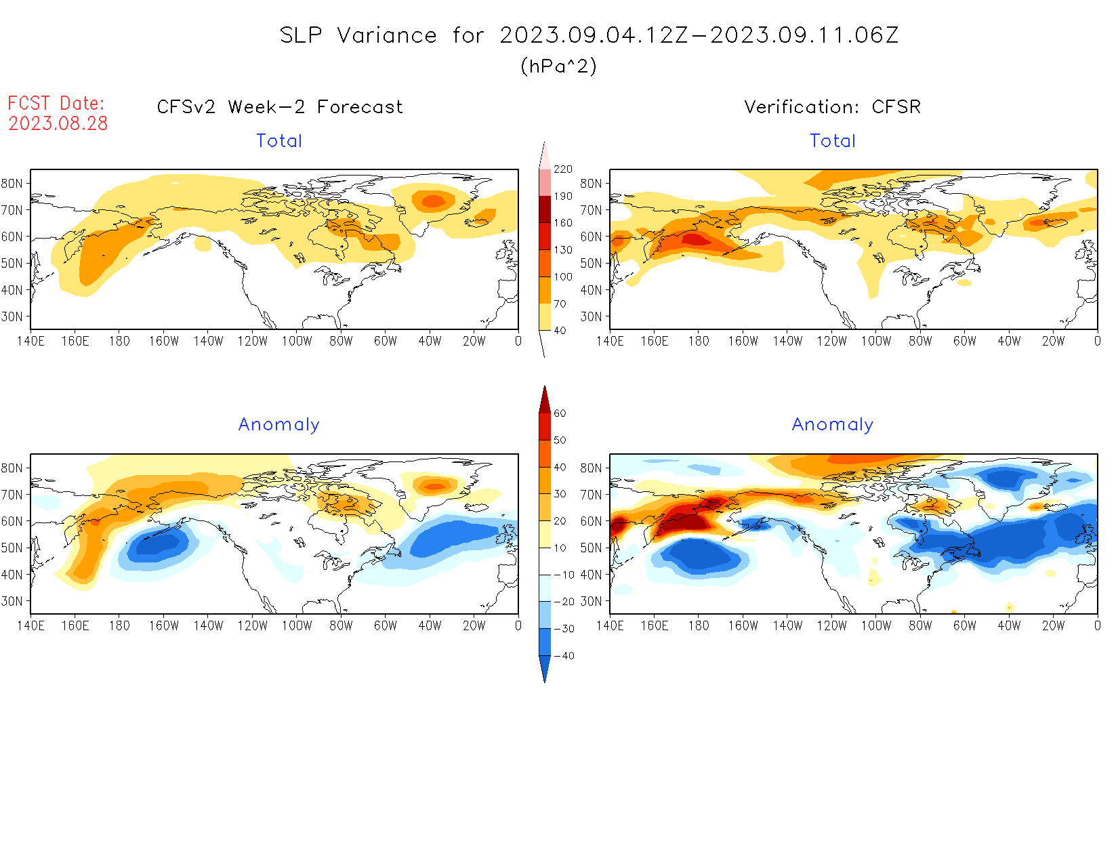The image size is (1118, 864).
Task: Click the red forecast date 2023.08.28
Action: (58, 123)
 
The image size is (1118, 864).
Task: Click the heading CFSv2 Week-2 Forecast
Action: (280, 107)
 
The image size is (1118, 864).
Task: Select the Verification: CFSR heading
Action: (833, 107)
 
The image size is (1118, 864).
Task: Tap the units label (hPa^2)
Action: (558, 66)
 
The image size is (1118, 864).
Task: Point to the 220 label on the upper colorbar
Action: (563, 169)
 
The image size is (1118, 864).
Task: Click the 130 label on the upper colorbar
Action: (563, 250)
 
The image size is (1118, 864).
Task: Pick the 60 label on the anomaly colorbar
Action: (560, 413)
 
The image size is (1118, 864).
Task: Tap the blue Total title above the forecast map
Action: (279, 141)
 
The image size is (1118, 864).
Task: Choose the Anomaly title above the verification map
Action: (833, 425)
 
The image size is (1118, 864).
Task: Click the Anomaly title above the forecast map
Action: (279, 425)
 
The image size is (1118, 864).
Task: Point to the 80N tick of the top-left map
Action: (12, 184)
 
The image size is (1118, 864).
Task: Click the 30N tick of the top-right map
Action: (591, 316)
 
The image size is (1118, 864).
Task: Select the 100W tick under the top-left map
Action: (297, 342)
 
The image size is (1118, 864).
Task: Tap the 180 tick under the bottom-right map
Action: (699, 626)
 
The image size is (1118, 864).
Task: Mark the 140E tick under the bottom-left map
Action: (30, 626)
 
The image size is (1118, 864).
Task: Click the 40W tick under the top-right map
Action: (1009, 342)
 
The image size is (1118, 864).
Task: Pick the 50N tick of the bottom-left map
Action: (12, 548)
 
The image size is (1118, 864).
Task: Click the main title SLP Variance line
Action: (589, 35)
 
